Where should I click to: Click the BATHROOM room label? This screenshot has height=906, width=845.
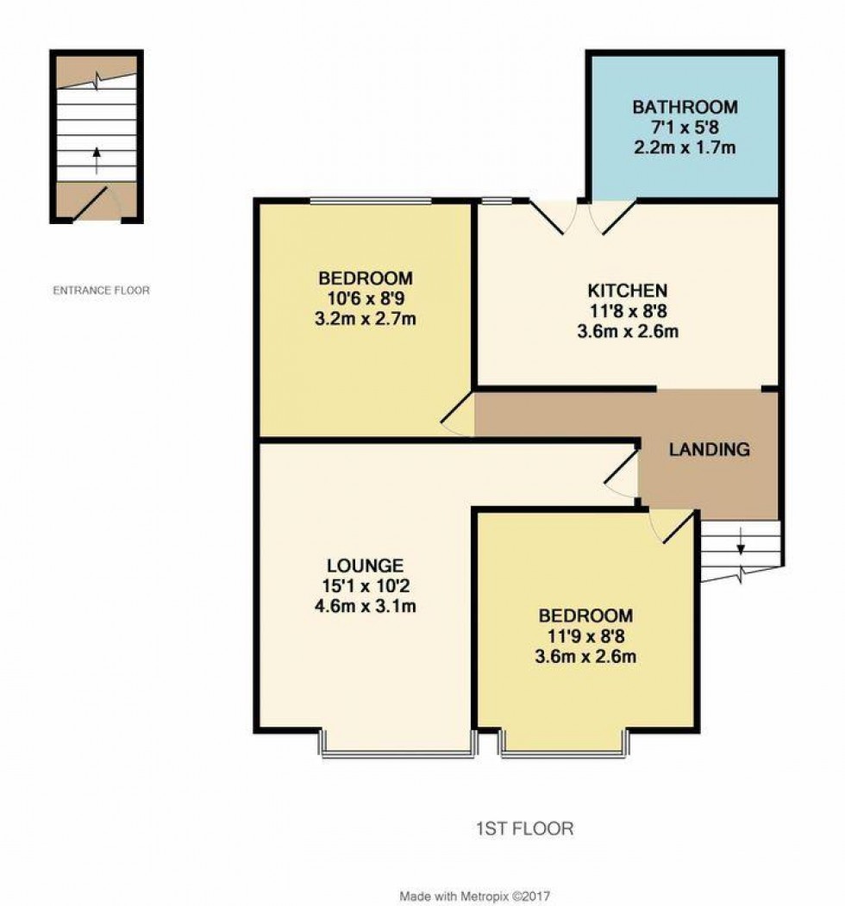click(685, 107)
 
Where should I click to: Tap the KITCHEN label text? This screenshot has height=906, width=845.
click(628, 290)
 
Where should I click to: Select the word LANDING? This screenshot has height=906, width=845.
click(710, 449)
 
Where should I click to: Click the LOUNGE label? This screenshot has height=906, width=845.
click(366, 565)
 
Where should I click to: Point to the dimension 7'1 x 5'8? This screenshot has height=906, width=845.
click(685, 127)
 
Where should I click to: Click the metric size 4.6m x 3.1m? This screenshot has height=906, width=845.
click(366, 606)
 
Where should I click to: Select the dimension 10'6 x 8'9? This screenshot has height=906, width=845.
click(366, 298)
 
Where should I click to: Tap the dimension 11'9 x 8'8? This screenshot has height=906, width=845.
click(586, 636)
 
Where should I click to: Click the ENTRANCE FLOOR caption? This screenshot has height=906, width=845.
click(101, 290)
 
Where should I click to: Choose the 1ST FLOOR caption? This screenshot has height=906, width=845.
click(525, 828)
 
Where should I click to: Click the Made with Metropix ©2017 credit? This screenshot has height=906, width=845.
click(475, 897)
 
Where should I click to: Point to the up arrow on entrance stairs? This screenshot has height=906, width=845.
click(97, 160)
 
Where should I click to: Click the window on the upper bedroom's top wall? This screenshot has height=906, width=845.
click(371, 201)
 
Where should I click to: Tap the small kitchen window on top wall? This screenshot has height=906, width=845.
click(497, 201)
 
